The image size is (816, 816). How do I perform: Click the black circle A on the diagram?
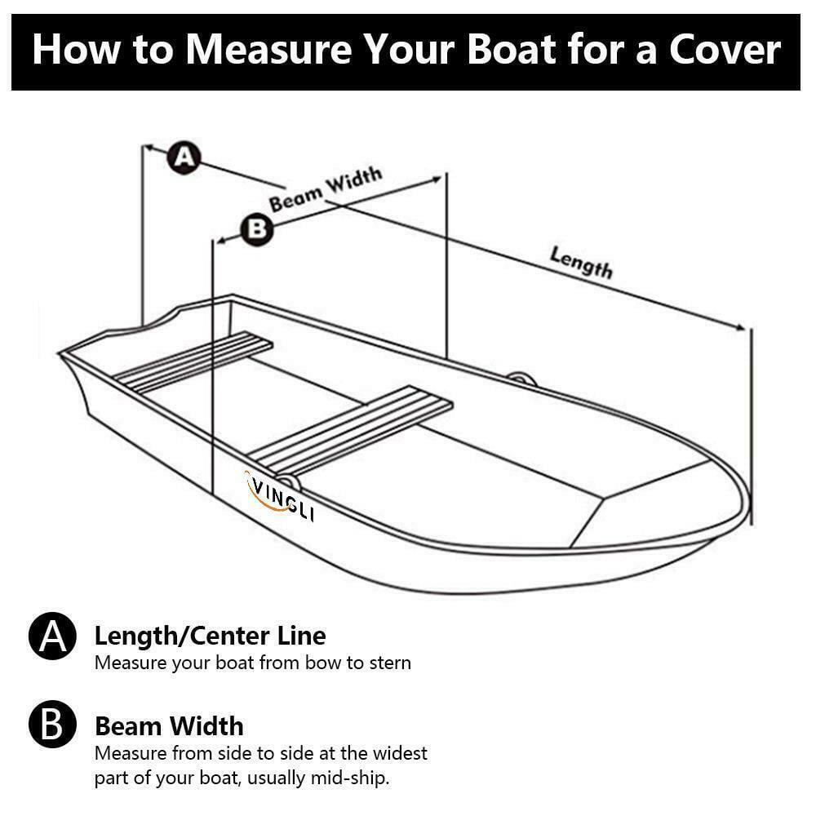point(184,157)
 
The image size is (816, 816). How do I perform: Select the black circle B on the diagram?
point(257,228)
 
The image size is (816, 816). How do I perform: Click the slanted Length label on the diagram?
point(581,262)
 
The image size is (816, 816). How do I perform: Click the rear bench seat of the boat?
point(194,362)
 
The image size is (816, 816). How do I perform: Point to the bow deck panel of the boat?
point(653,498)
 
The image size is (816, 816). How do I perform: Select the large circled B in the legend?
point(52,725)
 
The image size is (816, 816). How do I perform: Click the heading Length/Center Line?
point(210,636)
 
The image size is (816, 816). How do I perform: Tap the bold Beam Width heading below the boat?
point(169,725)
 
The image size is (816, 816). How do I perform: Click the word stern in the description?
point(389,663)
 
